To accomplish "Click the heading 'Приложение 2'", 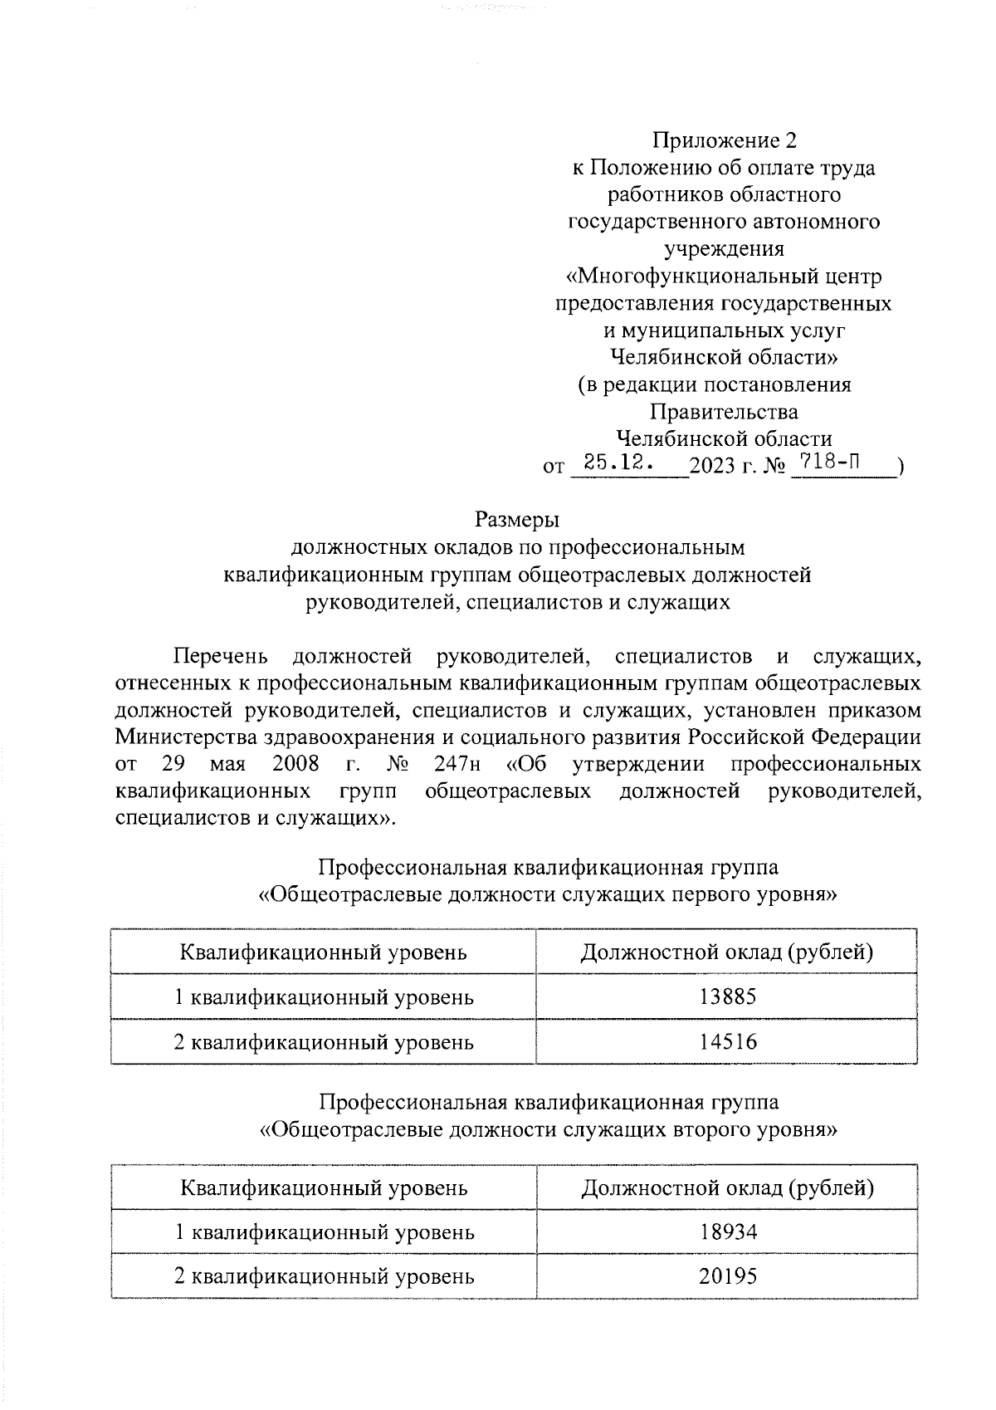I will pyautogui.click(x=724, y=140).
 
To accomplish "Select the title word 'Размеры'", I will pyautogui.click(x=517, y=521).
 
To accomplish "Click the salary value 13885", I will pyautogui.click(x=728, y=996).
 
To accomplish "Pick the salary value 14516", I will pyautogui.click(x=728, y=1041).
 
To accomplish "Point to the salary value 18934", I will pyautogui.click(x=728, y=1231).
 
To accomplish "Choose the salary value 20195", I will pyautogui.click(x=728, y=1276).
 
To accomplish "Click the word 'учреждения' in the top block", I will pyautogui.click(x=724, y=249).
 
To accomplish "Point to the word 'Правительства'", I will pyautogui.click(x=724, y=412).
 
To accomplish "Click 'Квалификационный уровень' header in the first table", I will pyautogui.click(x=323, y=952).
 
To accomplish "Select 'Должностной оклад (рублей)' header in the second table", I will pyautogui.click(x=727, y=1187).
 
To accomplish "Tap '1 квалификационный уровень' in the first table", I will pyautogui.click(x=323, y=996).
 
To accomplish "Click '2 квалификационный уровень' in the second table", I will pyautogui.click(x=323, y=1276).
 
